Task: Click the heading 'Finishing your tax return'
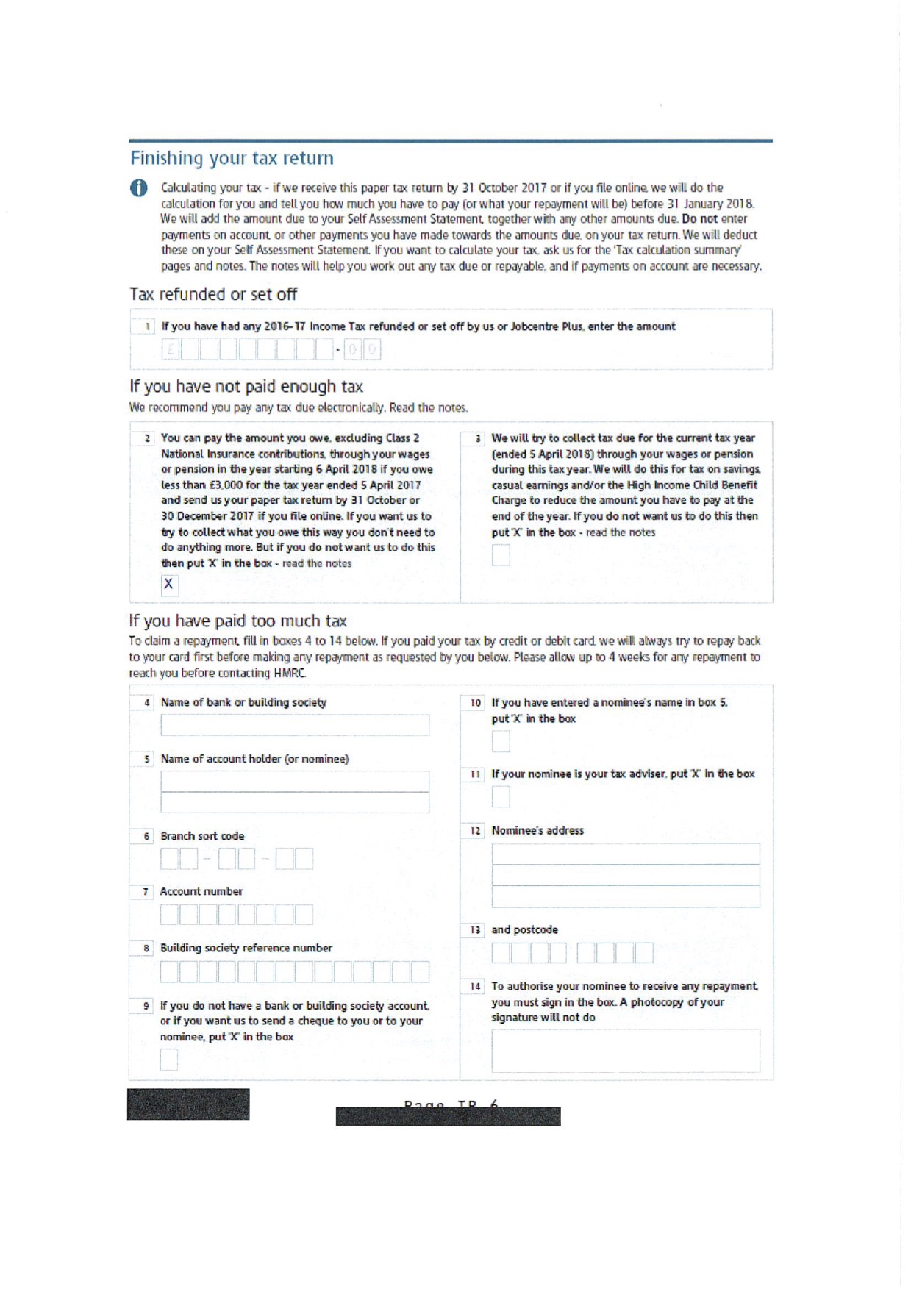tap(232, 159)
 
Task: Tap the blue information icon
tap(138, 188)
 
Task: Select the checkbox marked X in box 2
tap(169, 584)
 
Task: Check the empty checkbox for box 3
tap(501, 555)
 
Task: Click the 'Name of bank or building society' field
tap(295, 725)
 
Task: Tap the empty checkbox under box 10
tap(501, 741)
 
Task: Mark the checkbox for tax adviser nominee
tap(501, 796)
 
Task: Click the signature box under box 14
tap(625, 1050)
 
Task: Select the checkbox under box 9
tap(169, 1059)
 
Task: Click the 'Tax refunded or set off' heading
tap(213, 295)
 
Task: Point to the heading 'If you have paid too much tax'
tap(237, 621)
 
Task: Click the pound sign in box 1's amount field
tap(171, 349)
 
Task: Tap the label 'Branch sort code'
tap(202, 836)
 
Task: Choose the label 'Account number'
tap(201, 891)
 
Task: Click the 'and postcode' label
tap(524, 930)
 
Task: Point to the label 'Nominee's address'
tap(537, 831)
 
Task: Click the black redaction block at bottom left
tap(188, 1104)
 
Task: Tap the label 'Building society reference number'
tap(246, 949)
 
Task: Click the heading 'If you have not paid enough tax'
tap(246, 387)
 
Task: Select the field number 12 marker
tap(476, 831)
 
